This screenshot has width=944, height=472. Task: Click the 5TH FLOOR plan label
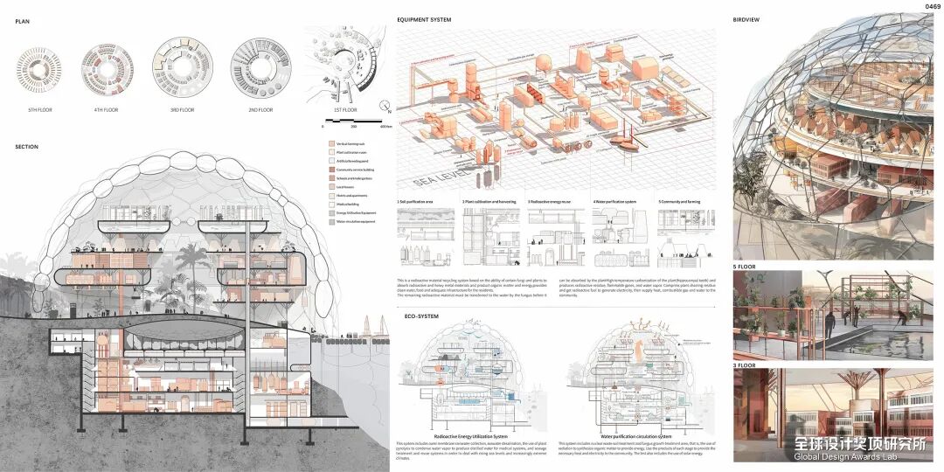[x=39, y=109]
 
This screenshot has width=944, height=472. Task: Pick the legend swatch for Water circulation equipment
[x=331, y=221]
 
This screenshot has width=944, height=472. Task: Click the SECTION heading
[x=27, y=147]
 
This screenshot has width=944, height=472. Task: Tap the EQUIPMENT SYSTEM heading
[x=424, y=19]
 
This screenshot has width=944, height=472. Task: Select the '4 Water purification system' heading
[x=617, y=201]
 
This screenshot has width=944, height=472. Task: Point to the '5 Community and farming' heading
[x=683, y=201]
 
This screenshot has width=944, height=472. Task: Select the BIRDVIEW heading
[x=747, y=19]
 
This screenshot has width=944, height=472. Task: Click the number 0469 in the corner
[x=931, y=7]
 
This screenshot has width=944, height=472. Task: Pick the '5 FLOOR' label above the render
[x=745, y=266]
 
